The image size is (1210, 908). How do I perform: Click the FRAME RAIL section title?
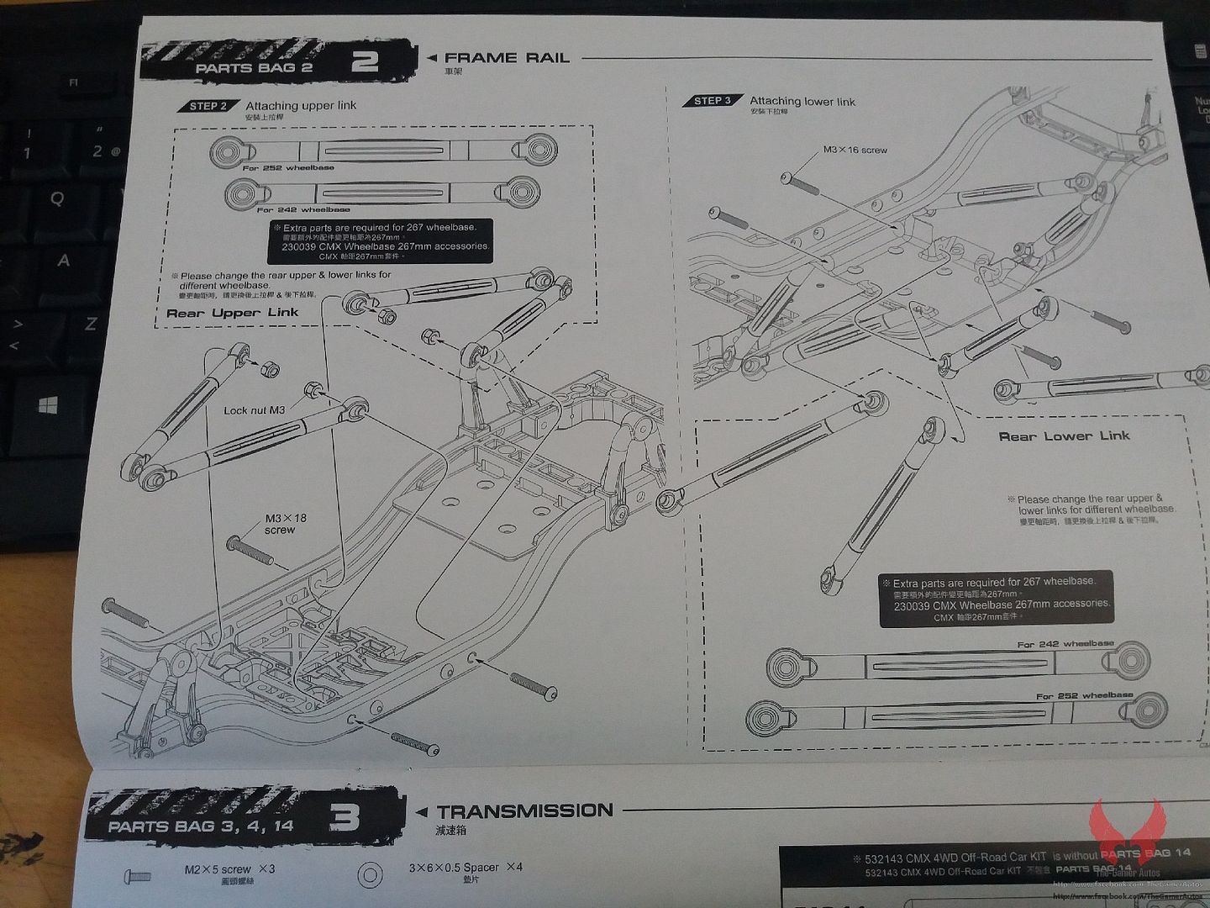[x=507, y=58]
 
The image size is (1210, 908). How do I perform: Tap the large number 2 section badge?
[x=365, y=63]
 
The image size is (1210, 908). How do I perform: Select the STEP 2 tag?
[x=208, y=106]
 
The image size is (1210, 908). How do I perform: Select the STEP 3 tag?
[x=713, y=101]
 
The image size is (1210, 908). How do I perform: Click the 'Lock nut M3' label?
[x=254, y=410]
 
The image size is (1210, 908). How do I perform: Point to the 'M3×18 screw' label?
[x=285, y=524]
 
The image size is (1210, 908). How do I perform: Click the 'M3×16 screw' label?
[x=855, y=150]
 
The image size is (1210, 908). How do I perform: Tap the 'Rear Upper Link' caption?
[x=232, y=313]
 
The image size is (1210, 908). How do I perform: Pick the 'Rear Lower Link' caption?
[x=1064, y=436]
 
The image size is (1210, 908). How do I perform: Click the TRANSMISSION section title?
[x=524, y=811]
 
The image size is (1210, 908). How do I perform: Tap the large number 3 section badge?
[x=345, y=817]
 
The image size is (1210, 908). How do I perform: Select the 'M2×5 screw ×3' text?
[x=229, y=869]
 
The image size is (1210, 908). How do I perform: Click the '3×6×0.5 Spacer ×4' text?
[x=465, y=867]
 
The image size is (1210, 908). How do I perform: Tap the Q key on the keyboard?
[x=57, y=198]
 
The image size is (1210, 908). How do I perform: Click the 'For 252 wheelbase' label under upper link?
[x=288, y=168]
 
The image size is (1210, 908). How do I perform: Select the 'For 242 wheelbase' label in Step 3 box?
[x=1065, y=644]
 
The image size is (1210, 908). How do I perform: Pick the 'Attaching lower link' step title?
[x=802, y=102]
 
